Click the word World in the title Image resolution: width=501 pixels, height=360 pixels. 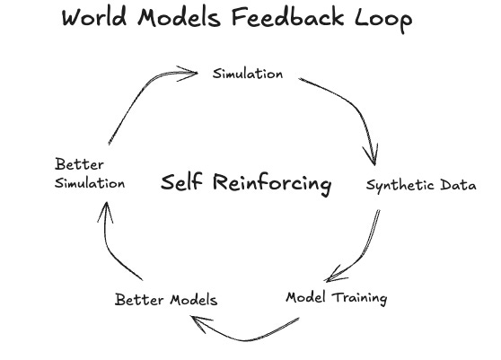pos(94,17)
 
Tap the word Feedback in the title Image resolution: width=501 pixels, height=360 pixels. pos(287,17)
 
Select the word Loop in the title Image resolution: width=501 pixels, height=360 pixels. pos(383,19)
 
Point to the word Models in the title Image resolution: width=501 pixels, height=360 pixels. pos(179,17)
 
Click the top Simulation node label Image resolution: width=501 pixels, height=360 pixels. pos(248,74)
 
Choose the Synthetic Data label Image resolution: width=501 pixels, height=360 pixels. pos(421,185)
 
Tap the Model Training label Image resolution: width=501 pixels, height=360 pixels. pos(337,298)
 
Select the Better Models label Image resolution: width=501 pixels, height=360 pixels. pos(166,300)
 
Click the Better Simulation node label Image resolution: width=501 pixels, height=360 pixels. pos(90,174)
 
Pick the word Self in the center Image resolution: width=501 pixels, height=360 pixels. pos(181,182)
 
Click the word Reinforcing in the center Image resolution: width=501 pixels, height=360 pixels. pos(272,183)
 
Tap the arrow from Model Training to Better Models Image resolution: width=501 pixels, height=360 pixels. pos(245,340)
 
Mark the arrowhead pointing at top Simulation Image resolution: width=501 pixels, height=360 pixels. pos(189,74)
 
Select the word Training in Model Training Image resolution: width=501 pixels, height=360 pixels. pos(359,298)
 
